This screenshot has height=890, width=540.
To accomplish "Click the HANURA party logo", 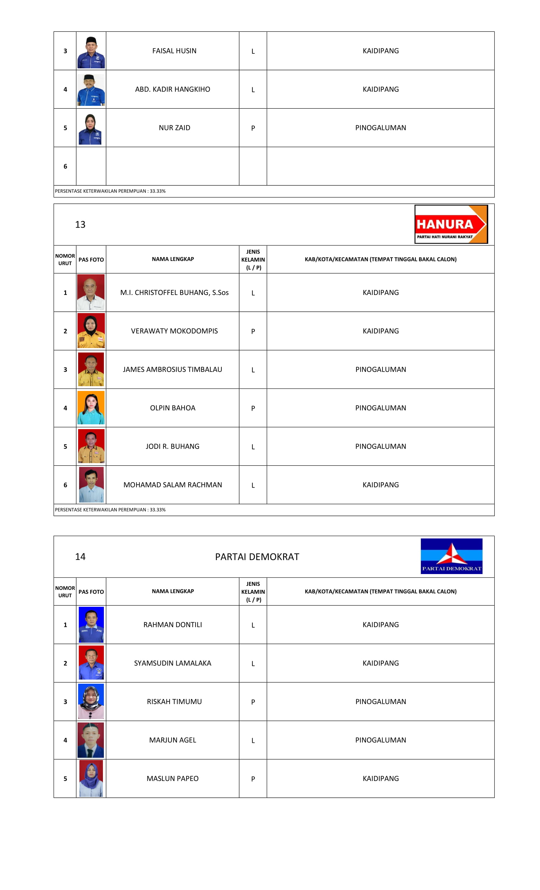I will [451, 224].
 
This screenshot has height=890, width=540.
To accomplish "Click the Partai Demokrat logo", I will [451, 556].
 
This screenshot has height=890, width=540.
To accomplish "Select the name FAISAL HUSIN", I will [174, 51].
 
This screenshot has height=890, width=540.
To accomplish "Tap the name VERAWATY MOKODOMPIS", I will [174, 331].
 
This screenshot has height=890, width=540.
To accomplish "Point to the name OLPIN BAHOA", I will [172, 408].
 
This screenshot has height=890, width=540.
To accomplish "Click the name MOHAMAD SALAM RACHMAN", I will [172, 485].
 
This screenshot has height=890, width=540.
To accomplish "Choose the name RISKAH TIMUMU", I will [174, 702].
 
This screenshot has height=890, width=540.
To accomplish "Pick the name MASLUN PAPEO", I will [172, 778].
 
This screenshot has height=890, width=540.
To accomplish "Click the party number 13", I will [80, 225].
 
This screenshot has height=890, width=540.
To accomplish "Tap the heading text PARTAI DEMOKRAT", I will [257, 557].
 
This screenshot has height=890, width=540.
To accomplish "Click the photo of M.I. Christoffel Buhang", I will [91, 292].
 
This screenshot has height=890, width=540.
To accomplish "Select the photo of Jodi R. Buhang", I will [91, 446].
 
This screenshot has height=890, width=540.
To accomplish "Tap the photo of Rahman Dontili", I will [91, 624].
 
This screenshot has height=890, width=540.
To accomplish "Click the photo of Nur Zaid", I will [90, 129].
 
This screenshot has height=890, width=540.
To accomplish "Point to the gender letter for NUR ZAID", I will [253, 128].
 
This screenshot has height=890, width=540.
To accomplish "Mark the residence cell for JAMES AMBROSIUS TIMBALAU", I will [381, 369].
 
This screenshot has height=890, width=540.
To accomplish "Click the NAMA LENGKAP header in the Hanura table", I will [173, 259].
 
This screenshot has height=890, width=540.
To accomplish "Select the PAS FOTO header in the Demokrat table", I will [91, 592].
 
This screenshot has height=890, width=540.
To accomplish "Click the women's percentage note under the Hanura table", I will [110, 510].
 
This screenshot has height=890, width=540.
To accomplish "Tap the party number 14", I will [80, 557].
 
